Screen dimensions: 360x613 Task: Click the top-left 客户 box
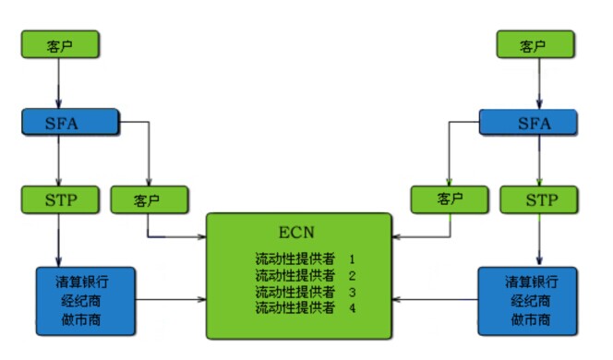[x=59, y=45]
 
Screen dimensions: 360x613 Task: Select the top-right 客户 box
[x=534, y=45]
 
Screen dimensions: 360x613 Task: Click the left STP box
[x=59, y=199]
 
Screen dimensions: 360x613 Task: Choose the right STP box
[x=538, y=199]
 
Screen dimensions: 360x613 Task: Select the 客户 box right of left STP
[x=149, y=199]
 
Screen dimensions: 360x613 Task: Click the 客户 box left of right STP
[x=450, y=199]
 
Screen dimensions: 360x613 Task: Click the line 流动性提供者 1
[x=305, y=260]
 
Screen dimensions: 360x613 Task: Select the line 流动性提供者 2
[x=305, y=276]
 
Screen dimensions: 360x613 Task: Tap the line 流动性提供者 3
[x=305, y=292]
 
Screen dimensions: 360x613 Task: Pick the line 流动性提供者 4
[x=305, y=307]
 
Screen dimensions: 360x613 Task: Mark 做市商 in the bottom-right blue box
[x=528, y=318]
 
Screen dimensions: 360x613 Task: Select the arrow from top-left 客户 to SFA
[x=59, y=84]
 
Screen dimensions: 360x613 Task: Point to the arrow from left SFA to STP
[x=59, y=162]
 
